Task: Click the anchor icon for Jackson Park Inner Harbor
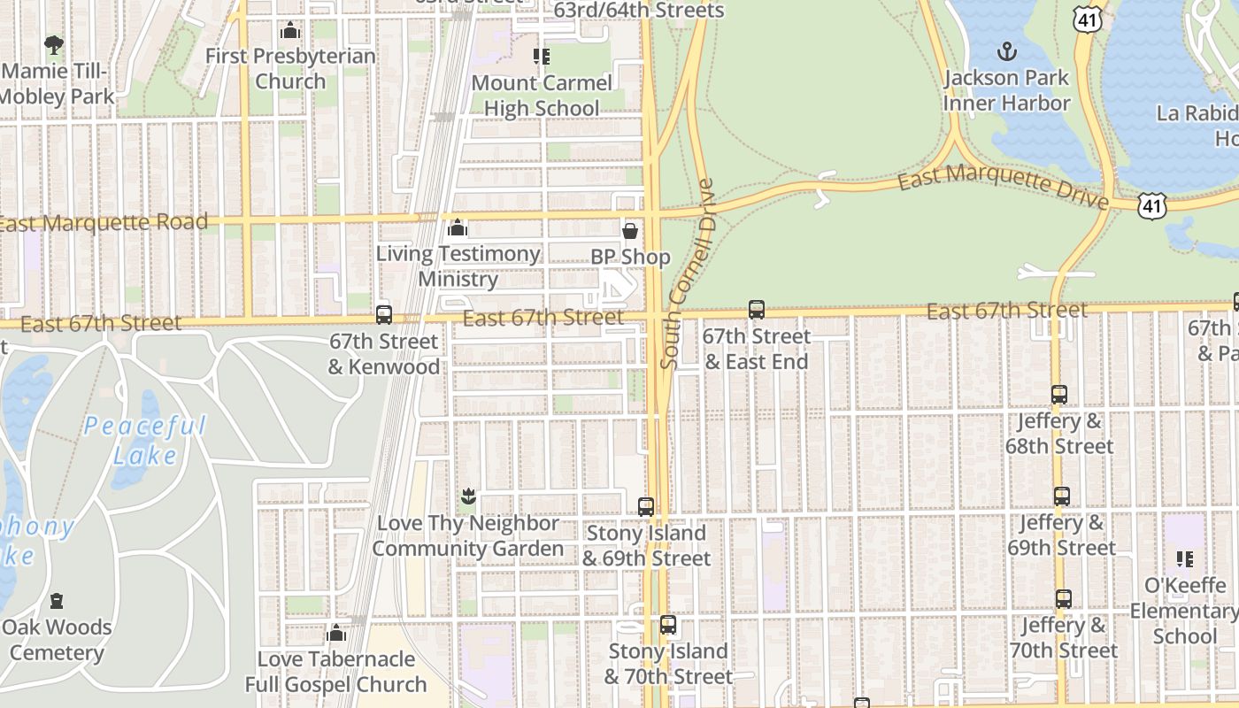[x=1006, y=50]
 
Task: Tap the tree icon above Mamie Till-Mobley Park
[x=54, y=44]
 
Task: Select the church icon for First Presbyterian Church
[x=290, y=31]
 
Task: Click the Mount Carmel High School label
[x=542, y=96]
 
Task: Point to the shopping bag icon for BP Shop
[x=630, y=231]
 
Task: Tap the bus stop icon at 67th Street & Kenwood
[x=384, y=314]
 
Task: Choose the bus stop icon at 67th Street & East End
[x=757, y=310]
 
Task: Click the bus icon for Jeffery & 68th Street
[x=1059, y=395]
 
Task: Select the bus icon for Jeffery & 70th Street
[x=1064, y=599]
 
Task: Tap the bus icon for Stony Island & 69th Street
[x=646, y=507]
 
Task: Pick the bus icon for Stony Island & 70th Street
[x=668, y=625]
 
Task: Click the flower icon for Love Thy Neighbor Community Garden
[x=468, y=496]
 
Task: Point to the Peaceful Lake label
[x=145, y=441]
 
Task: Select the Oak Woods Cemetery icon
[x=58, y=601]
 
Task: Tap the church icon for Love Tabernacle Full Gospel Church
[x=335, y=633]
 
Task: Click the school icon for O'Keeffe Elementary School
[x=1185, y=558]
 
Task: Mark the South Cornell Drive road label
[x=688, y=274]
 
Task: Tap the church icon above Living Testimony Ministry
[x=458, y=227]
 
